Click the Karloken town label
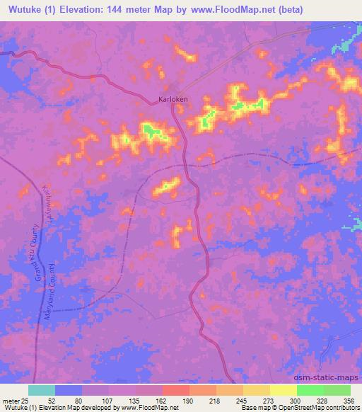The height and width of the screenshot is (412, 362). [173, 100]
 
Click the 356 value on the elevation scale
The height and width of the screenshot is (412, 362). [351, 401]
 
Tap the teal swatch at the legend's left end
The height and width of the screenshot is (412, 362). [42, 390]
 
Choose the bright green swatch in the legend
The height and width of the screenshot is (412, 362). [310, 390]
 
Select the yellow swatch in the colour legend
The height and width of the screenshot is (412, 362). [283, 390]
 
